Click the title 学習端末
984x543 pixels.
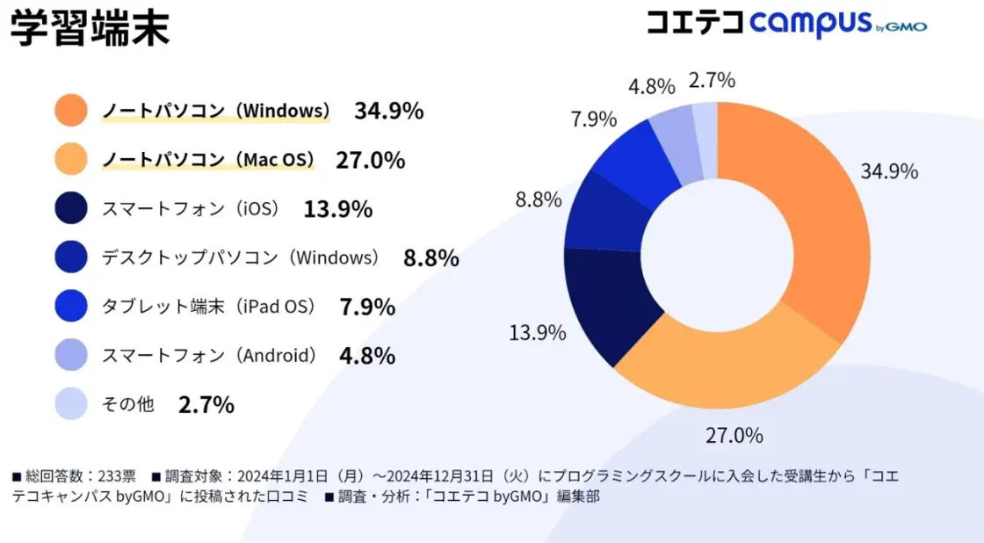89,28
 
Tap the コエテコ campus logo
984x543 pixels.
785,24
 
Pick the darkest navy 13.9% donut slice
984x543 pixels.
606,303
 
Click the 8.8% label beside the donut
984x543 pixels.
539,200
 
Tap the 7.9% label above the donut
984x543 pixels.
594,119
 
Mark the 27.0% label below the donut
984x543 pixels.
734,435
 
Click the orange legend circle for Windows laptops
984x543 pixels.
70,111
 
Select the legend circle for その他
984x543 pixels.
70,404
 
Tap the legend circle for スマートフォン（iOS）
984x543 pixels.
70,209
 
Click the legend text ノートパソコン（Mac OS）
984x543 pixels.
208,160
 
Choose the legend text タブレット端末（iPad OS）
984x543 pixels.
209,307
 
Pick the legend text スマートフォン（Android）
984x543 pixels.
209,356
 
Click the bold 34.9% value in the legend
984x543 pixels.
389,111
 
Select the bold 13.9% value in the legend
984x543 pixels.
338,209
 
